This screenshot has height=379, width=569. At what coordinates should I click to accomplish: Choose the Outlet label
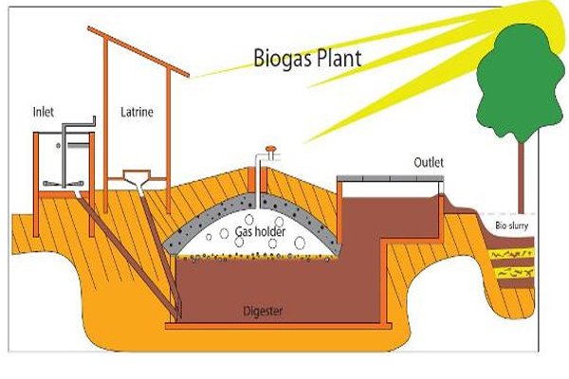429,162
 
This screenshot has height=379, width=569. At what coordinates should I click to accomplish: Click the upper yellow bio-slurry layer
513,255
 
